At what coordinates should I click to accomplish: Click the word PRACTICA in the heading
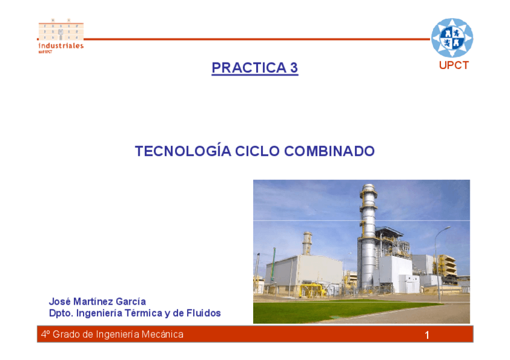click(x=249, y=67)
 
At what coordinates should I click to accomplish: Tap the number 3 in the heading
click(x=294, y=67)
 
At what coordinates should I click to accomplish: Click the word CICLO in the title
click(x=257, y=151)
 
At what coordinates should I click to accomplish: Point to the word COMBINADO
click(x=330, y=151)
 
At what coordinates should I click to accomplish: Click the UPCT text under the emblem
click(x=453, y=66)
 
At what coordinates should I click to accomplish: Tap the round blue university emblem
click(x=452, y=38)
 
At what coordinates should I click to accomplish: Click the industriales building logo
click(x=61, y=35)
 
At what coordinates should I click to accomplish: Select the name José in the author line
click(x=60, y=302)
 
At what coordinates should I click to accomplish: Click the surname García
click(x=131, y=302)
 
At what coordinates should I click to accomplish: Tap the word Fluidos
click(x=204, y=313)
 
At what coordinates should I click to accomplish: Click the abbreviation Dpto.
click(x=61, y=313)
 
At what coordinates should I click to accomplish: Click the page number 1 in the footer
click(x=427, y=335)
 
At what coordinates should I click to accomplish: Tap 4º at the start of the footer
click(x=45, y=334)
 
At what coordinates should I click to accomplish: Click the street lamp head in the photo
click(x=447, y=228)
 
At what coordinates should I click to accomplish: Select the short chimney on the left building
click(x=307, y=243)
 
